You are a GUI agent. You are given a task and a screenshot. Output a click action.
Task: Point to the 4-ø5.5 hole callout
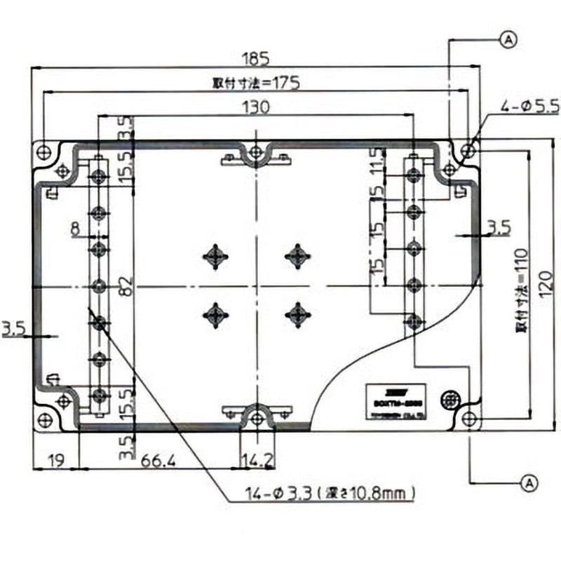529,107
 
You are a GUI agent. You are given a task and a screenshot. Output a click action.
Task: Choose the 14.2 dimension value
257,460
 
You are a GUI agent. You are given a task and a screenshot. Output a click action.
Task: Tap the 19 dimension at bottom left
55,460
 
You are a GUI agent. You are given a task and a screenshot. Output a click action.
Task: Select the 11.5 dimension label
379,161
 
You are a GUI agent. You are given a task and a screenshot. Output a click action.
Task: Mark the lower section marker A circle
529,482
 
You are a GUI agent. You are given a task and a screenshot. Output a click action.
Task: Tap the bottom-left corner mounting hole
46,420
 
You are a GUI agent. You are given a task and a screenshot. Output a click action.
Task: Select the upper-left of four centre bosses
215,256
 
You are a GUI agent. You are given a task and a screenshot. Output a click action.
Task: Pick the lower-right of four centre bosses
298,313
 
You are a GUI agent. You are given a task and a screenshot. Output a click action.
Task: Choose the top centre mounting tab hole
257,149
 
